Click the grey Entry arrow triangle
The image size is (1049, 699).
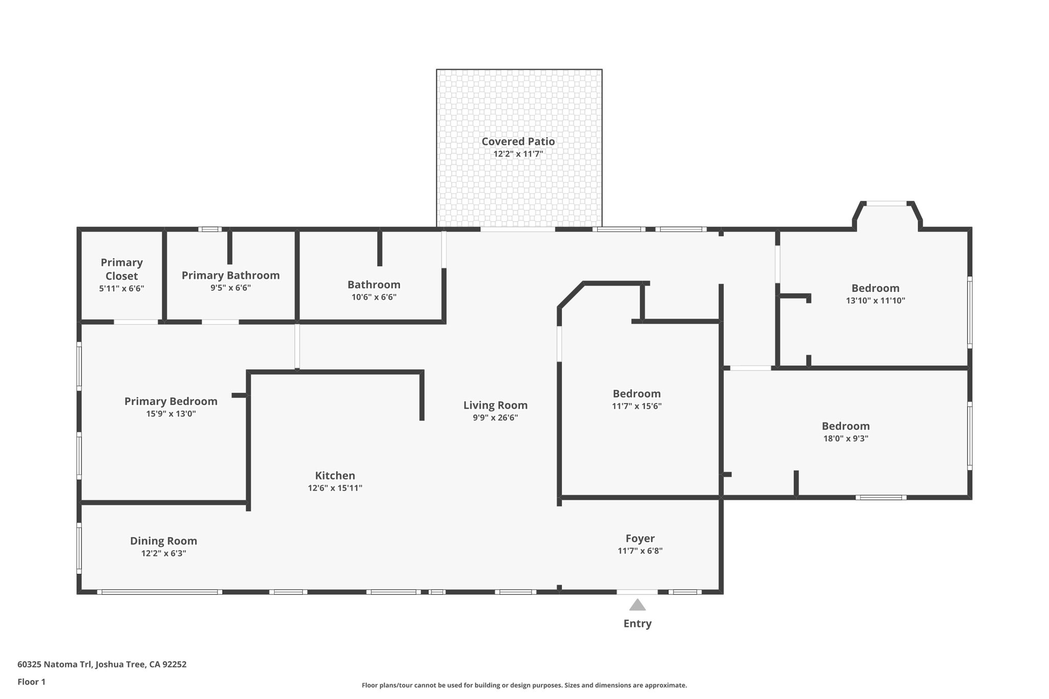click(637, 605)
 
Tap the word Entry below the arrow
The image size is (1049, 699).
click(637, 624)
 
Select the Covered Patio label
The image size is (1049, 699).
click(518, 141)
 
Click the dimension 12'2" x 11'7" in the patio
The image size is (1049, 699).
click(518, 154)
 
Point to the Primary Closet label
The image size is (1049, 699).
click(121, 269)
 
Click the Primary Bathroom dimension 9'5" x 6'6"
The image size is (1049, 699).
click(230, 288)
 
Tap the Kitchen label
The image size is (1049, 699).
click(335, 476)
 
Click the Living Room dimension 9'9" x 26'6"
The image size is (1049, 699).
click(495, 418)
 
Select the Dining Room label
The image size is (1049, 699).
click(163, 541)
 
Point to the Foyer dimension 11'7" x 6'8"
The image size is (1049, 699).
click(640, 551)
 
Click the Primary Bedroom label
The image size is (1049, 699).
click(171, 401)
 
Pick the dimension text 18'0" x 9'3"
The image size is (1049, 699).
click(846, 438)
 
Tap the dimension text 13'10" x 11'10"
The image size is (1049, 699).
click(875, 301)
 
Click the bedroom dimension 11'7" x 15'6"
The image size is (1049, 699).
click(637, 406)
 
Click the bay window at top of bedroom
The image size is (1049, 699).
click(887, 204)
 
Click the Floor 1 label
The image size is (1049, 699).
click(31, 682)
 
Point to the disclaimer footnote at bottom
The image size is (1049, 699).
click(524, 685)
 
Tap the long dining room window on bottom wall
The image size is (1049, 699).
click(159, 592)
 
